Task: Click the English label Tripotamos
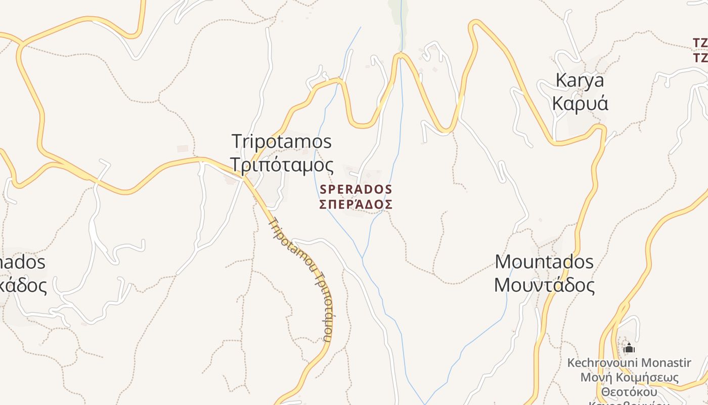click(x=282, y=141)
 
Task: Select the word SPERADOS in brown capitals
click(x=356, y=189)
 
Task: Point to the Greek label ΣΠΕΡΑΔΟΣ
click(x=356, y=204)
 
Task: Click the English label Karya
click(x=580, y=80)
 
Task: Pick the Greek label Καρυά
click(x=580, y=103)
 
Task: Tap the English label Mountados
click(x=544, y=262)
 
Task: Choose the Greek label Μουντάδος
click(x=544, y=285)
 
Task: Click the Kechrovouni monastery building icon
click(x=629, y=348)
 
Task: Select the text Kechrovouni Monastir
click(x=629, y=363)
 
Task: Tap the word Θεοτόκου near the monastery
click(x=629, y=392)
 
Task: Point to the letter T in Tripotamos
click(x=237, y=141)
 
